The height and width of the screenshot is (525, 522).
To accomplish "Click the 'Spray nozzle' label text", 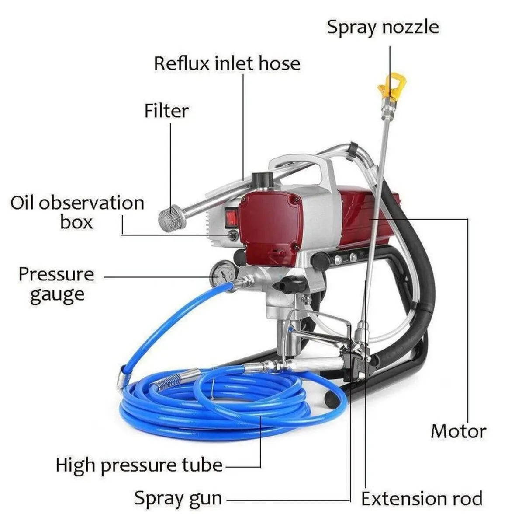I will click(x=383, y=27).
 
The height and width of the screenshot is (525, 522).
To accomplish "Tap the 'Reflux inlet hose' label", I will click(x=227, y=63).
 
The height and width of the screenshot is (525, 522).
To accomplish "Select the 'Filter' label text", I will click(x=166, y=111).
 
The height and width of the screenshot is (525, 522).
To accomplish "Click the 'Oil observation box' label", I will click(x=77, y=212).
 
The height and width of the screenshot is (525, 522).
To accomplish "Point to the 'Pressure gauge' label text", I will click(x=56, y=284).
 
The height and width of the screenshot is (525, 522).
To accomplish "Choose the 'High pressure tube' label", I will click(x=139, y=465).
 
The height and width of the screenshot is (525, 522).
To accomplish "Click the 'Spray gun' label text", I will click(x=178, y=498).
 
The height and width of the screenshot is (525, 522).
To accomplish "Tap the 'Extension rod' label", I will click(x=422, y=498).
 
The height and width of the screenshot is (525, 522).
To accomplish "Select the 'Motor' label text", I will click(x=458, y=431).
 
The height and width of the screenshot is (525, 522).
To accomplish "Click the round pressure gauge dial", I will click(x=223, y=274).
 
